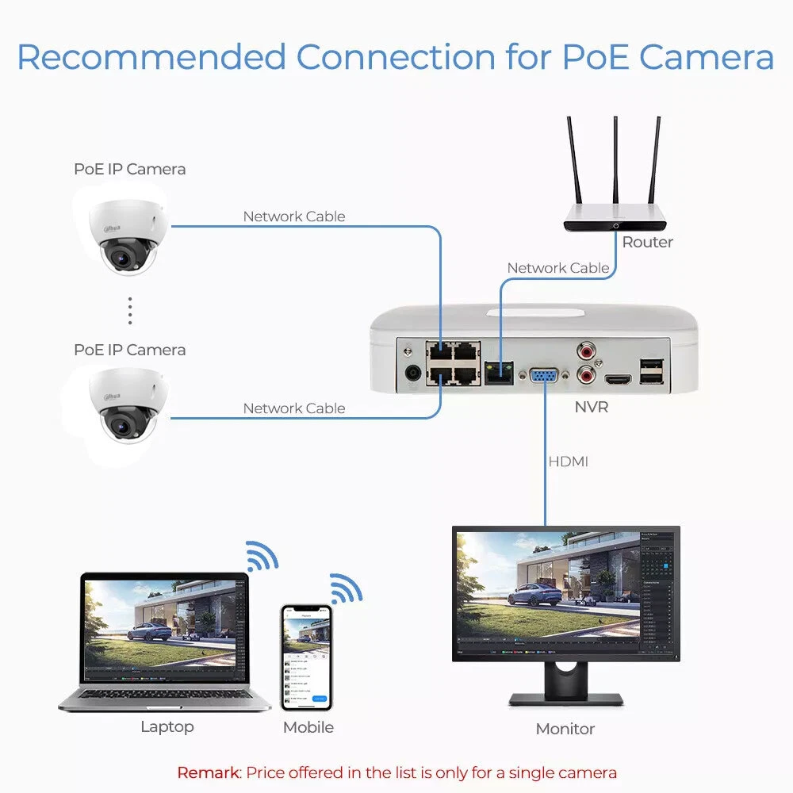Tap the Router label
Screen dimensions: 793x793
tap(647, 243)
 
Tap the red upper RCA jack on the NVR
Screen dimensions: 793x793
tap(588, 348)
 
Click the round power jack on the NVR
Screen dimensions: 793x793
tap(412, 373)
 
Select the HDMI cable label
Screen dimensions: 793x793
tap(568, 462)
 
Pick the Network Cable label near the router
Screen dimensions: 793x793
tap(558, 268)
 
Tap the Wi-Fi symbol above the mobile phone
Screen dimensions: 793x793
tap(346, 588)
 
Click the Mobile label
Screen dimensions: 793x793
tap(308, 727)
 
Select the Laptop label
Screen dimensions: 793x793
tap(167, 726)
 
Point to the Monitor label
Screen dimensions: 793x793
tap(565, 729)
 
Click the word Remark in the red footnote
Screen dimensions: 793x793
tap(208, 772)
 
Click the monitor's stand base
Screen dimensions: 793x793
tap(565, 700)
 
